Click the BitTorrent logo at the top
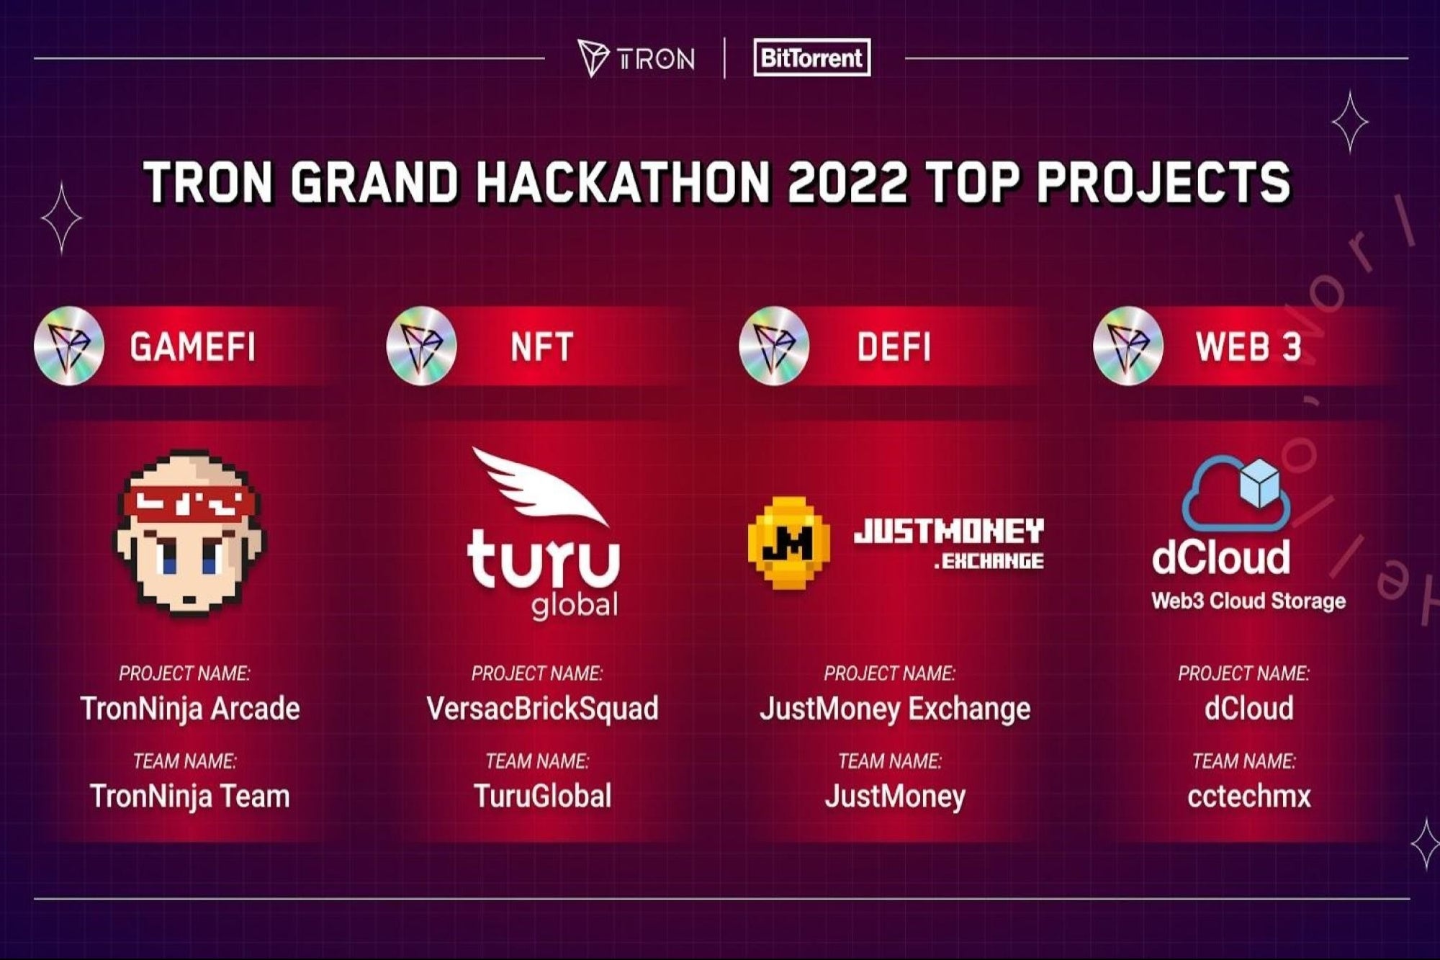pos(811,58)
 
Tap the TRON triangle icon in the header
pos(593,58)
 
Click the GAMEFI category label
pos(192,346)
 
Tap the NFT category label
pos(541,346)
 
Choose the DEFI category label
pos(894,346)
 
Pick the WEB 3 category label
pos(1248,346)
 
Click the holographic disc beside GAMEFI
pos(69,346)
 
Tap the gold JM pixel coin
pos(789,542)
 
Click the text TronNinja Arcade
pos(190,709)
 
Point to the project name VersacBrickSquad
pos(542,709)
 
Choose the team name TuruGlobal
pos(542,796)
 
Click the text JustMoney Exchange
pos(895,709)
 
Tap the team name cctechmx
pos(1249,796)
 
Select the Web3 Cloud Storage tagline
pos(1248,601)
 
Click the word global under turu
pos(575,605)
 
